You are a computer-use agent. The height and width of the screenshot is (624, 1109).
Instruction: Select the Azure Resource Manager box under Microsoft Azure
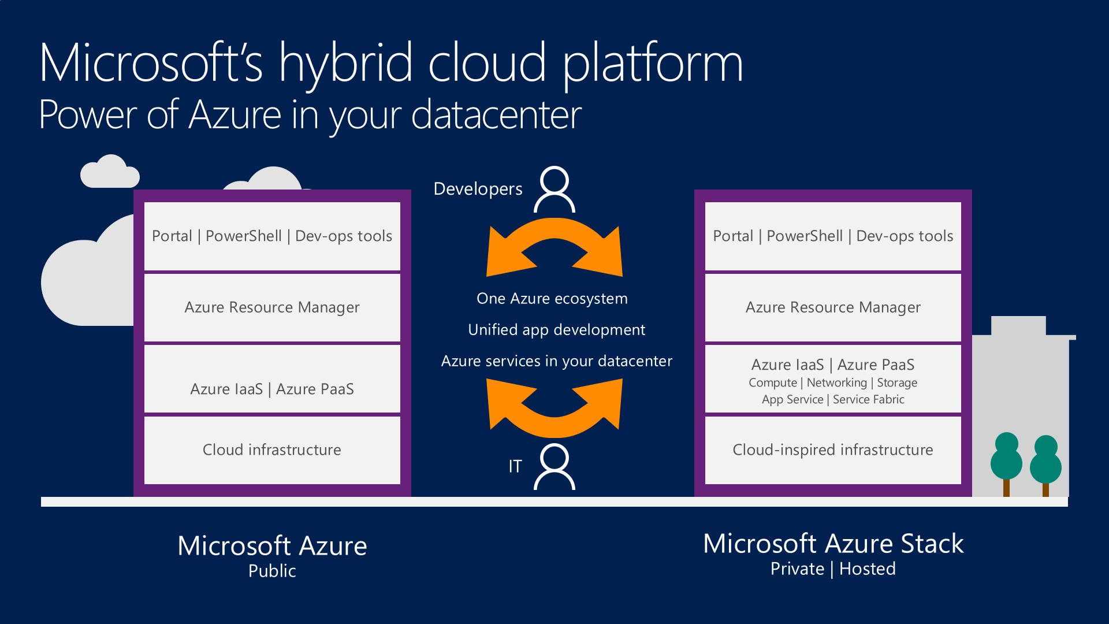click(x=272, y=307)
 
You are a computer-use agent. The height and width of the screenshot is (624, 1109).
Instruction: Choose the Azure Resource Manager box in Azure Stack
click(x=833, y=307)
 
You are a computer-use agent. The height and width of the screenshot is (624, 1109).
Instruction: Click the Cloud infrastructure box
click(x=272, y=450)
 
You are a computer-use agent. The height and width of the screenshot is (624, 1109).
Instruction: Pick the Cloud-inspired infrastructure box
click(x=833, y=450)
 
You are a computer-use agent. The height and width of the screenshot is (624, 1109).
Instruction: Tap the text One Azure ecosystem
click(x=552, y=299)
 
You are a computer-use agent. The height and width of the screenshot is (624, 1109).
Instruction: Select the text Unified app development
click(x=557, y=330)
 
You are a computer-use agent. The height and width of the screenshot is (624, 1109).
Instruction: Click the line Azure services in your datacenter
click(x=557, y=361)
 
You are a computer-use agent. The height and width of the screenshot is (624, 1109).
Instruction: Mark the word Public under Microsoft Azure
click(x=272, y=571)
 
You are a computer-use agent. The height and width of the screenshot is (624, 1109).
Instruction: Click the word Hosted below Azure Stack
click(x=868, y=569)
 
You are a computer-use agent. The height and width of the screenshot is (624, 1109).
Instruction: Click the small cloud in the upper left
click(x=110, y=172)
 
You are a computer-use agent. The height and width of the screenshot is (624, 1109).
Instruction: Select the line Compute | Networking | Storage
click(x=833, y=382)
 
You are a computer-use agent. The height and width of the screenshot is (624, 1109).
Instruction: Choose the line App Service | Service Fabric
click(x=833, y=399)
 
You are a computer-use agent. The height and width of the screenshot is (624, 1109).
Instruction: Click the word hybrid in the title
click(x=346, y=64)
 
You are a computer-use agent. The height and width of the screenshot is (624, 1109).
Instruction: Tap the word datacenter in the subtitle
click(x=497, y=116)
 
